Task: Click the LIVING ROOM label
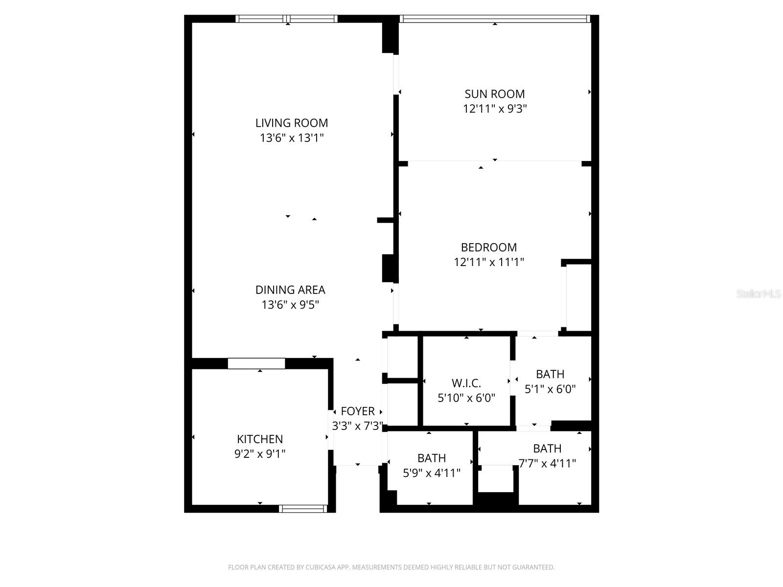click(x=292, y=123)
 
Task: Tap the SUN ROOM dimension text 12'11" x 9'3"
click(x=494, y=109)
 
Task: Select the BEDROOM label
click(x=488, y=247)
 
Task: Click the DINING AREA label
click(x=290, y=290)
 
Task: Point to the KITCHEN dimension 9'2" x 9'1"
click(x=260, y=454)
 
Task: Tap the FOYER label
click(x=358, y=411)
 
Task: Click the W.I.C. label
click(x=466, y=383)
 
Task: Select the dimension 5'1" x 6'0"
click(x=550, y=389)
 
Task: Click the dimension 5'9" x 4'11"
click(x=431, y=473)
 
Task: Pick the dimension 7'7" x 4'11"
click(x=547, y=463)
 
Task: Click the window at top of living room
click(x=287, y=19)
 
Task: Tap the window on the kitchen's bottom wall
click(x=302, y=509)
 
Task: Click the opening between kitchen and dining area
click(x=256, y=363)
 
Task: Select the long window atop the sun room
click(x=494, y=19)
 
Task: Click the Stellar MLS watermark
click(x=759, y=294)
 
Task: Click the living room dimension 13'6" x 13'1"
click(x=292, y=138)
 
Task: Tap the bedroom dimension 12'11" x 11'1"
click(x=488, y=262)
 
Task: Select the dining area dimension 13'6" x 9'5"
click(x=290, y=305)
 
